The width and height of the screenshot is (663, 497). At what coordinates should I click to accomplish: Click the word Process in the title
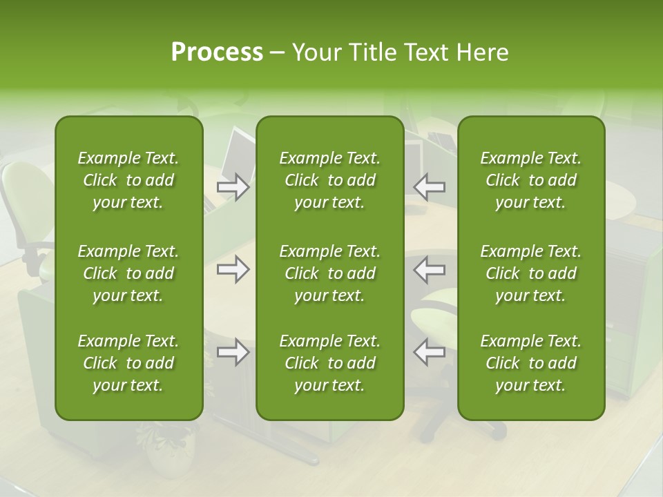pos(217,52)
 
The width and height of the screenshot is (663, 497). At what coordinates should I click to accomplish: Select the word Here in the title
pos(482,52)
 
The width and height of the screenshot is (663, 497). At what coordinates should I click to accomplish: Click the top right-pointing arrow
pos(233,186)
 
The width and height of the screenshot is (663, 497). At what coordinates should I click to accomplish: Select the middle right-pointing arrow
pos(233,269)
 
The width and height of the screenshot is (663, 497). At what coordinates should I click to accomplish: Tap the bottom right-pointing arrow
pos(233,352)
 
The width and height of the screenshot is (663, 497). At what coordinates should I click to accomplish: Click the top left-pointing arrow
pos(429,186)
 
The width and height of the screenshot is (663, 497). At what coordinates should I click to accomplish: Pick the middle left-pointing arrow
pos(429,269)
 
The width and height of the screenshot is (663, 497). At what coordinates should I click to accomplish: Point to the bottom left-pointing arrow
pos(429,352)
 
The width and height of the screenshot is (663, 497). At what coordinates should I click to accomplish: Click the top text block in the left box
pos(128,180)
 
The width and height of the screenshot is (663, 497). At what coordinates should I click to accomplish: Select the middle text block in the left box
pos(128,273)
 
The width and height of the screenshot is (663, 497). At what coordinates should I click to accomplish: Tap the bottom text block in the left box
pos(128,363)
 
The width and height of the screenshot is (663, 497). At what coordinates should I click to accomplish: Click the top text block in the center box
pos(329,180)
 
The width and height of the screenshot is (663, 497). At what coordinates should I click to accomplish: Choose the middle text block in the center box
pos(329,273)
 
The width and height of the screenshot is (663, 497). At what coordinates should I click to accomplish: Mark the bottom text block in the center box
pos(329,363)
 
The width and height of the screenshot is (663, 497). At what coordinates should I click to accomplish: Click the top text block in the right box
pos(530,180)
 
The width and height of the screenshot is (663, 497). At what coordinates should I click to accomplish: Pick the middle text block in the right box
pos(530,273)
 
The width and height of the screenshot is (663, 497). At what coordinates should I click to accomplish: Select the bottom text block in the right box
pos(530,363)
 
